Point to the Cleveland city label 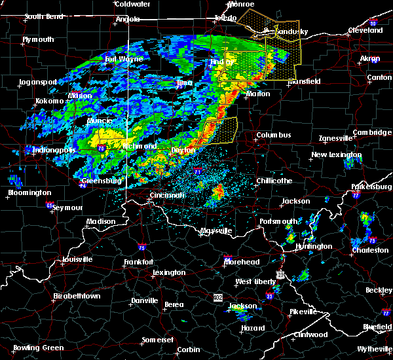coord(365,30)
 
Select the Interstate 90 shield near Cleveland coord(373,24)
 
